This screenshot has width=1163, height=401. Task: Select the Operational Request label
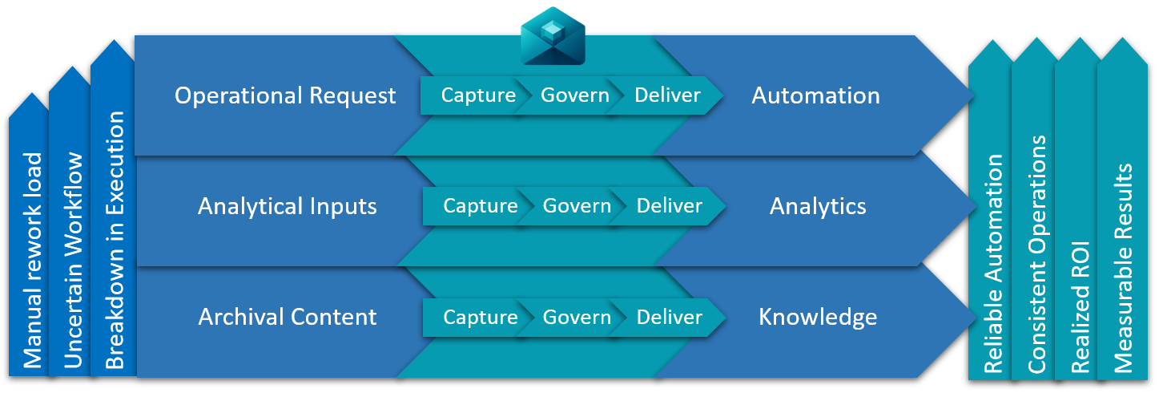tap(285, 95)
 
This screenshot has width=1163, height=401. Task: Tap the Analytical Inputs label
tap(287, 206)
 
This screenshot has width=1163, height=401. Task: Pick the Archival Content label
tap(287, 317)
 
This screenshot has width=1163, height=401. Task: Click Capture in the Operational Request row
tap(478, 95)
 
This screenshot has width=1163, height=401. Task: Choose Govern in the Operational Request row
tap(575, 95)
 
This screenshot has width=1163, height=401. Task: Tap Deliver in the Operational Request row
tap(667, 95)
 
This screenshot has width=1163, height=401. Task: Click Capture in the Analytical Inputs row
tap(481, 206)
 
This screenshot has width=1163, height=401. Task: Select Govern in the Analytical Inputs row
tap(577, 206)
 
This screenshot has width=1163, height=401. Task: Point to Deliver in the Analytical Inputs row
tap(669, 206)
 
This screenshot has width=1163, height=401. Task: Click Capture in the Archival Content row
tap(481, 317)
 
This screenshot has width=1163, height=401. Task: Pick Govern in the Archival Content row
tap(577, 317)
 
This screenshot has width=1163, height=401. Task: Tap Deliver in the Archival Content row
tap(669, 317)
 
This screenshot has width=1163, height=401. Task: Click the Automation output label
tap(815, 95)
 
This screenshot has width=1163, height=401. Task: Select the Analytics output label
tap(818, 206)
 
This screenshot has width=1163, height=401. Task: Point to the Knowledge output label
tap(818, 317)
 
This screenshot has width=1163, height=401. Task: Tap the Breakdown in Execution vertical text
tap(115, 241)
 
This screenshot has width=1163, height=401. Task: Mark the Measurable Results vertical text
tap(1123, 269)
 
